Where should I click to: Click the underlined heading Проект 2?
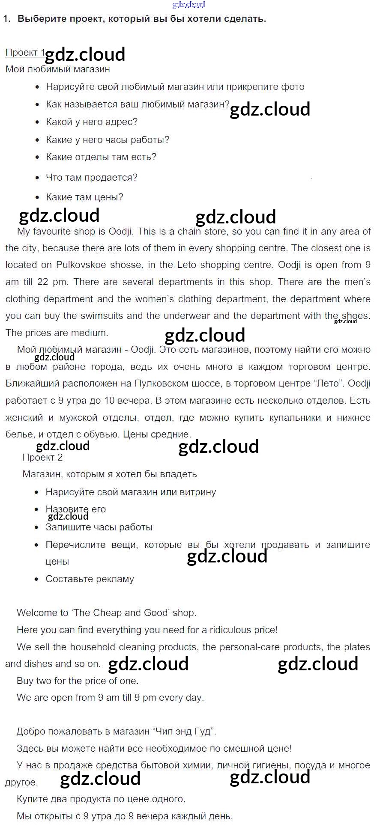42,458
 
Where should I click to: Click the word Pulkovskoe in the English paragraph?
81,265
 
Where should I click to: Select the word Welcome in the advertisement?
36,613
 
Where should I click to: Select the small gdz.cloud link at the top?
188,5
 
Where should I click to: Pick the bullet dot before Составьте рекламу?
36,580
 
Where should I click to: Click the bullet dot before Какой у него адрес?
37,122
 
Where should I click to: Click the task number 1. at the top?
6,19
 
